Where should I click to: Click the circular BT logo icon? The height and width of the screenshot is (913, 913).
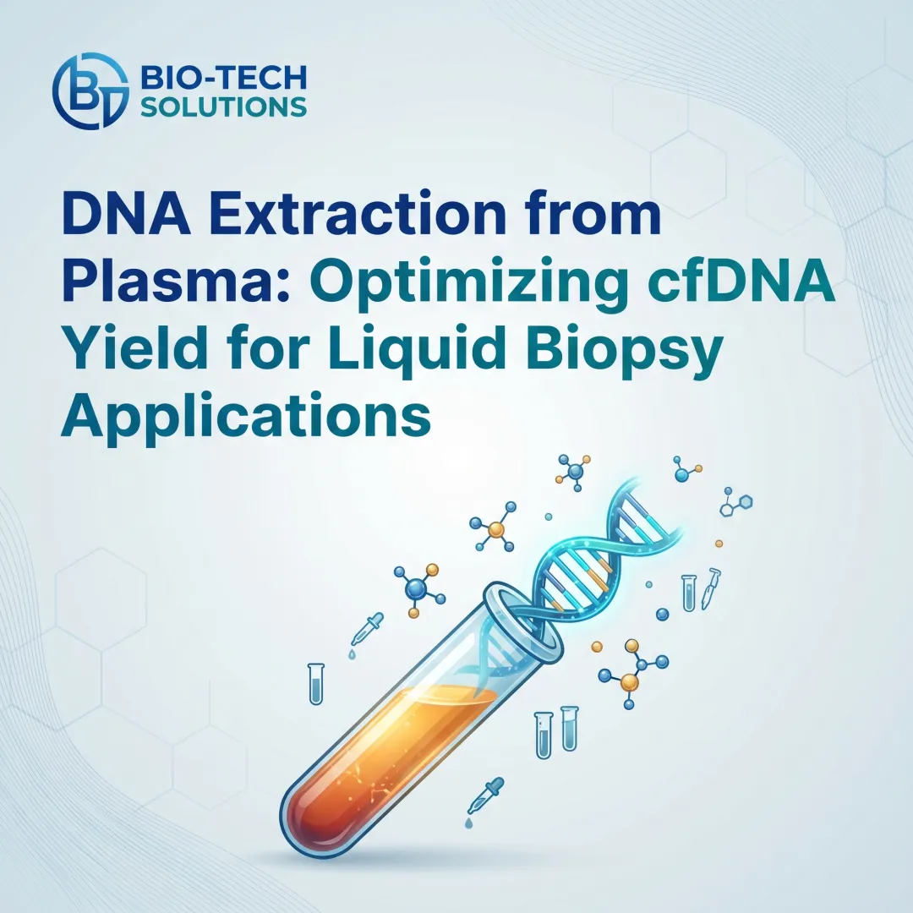(88, 86)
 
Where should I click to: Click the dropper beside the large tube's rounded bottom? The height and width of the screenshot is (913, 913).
(484, 795)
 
